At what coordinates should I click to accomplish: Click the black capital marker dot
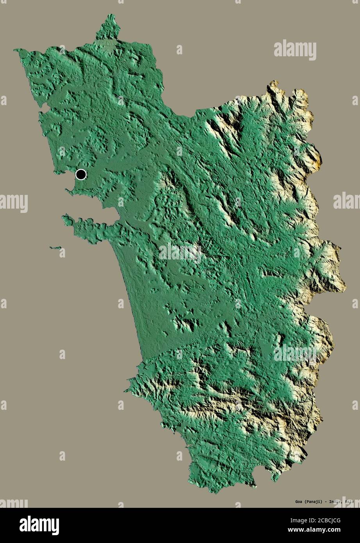[81, 174]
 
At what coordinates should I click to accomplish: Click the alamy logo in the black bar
[39, 525]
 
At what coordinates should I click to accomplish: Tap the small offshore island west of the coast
[55, 248]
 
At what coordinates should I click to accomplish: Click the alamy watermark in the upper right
[295, 50]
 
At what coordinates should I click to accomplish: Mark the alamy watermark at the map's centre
[180, 253]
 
